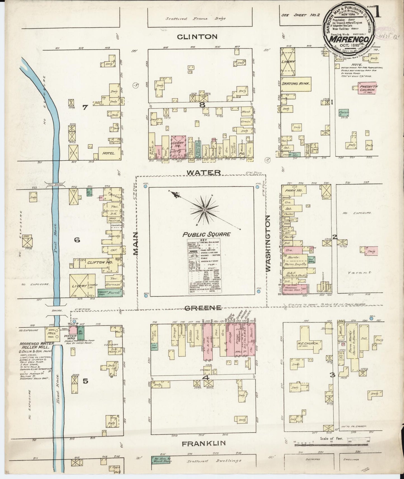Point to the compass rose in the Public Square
[205, 210]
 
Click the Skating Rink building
[296, 84]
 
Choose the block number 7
[85, 107]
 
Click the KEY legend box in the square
[204, 266]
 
